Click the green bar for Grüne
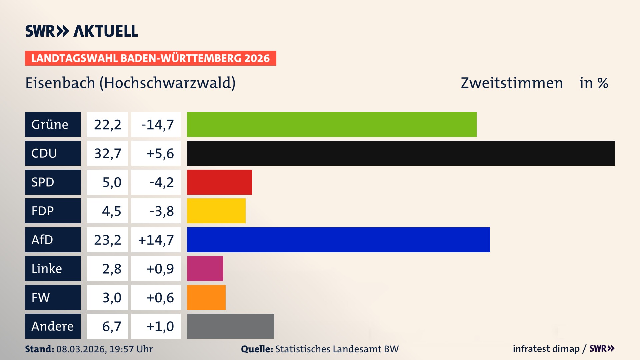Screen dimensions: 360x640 pos(332,124)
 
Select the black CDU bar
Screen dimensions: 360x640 pos(401,153)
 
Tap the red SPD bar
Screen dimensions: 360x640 pos(219,182)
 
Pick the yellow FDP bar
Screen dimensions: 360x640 pos(216,211)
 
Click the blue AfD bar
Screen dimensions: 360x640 pos(338,240)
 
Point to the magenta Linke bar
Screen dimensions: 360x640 pos(205,268)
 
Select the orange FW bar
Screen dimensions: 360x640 pos(206,297)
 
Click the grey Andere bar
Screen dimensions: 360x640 pos(230,326)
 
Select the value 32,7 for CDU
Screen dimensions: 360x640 pos(107,153)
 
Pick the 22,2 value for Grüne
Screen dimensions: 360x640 pos(107,124)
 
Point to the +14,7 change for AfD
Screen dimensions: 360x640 pos(156,240)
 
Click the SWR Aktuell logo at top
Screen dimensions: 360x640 pos(81,31)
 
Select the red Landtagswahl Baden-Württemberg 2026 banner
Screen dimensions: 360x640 pos(150,58)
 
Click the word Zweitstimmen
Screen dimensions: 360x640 pos(512,83)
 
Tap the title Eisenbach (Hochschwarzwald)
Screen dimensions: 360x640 pos(130,83)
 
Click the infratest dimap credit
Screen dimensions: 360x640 pos(546,349)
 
